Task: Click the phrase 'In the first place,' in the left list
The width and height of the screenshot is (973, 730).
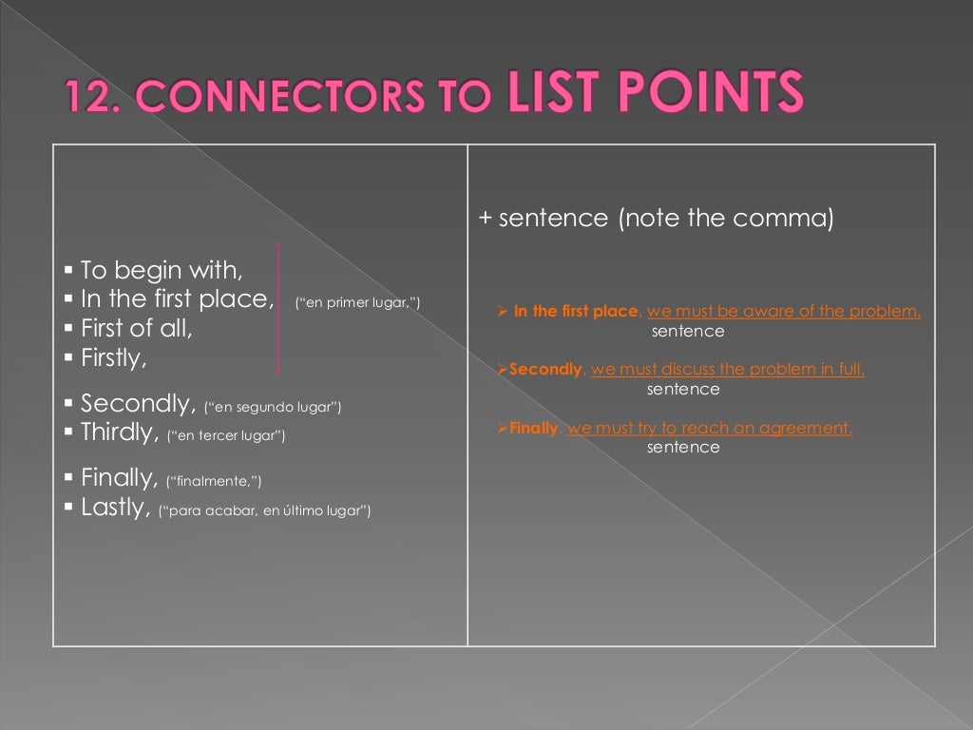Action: [x=177, y=299]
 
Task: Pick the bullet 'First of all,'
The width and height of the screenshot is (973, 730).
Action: [x=137, y=329]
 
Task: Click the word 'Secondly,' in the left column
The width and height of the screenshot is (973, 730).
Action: [x=139, y=403]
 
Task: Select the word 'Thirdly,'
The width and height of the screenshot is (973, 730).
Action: [x=120, y=432]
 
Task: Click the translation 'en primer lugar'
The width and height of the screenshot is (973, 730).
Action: [x=357, y=304]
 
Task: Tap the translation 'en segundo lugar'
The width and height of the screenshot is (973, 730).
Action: [x=273, y=408]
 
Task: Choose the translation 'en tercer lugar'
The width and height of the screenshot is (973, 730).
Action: [x=226, y=437]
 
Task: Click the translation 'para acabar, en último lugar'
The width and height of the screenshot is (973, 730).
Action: [x=265, y=511]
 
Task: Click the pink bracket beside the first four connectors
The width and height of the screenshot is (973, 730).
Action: [x=279, y=307]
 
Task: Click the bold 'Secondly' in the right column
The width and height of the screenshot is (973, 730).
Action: [x=545, y=370]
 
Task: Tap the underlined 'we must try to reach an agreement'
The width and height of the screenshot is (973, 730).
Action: [x=710, y=428]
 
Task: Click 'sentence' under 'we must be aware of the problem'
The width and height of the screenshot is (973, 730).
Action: [x=688, y=332]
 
